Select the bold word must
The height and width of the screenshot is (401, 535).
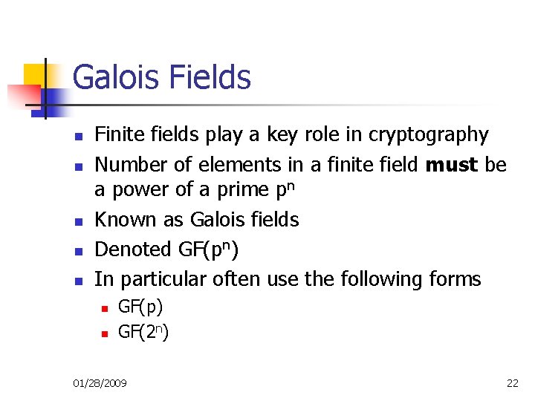[453, 164]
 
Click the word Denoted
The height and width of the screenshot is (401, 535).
[134, 250]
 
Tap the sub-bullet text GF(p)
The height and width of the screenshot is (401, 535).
[140, 306]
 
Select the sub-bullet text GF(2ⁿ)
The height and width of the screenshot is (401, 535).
[143, 332]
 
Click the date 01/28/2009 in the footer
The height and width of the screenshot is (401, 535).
[100, 383]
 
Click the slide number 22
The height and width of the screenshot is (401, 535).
[513, 383]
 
